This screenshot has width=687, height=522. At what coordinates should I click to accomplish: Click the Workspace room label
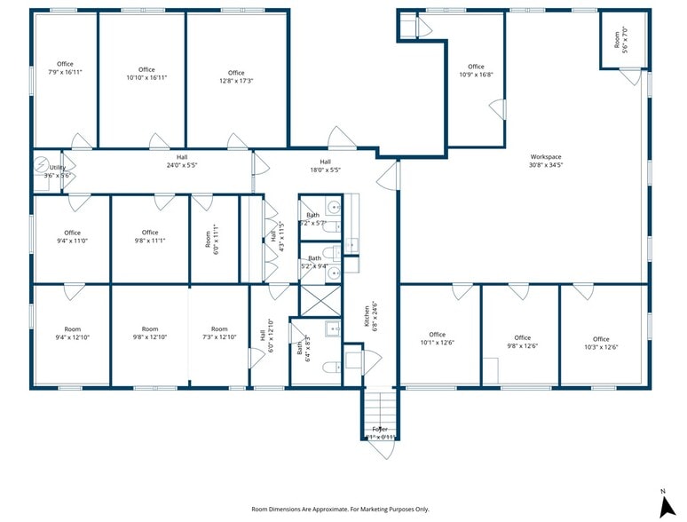pos(546,161)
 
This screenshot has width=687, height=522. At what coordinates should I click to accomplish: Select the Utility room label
pos(58,171)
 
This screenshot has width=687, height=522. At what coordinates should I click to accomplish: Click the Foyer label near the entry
pos(380,433)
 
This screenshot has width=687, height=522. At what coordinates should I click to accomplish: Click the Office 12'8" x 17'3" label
pos(235,77)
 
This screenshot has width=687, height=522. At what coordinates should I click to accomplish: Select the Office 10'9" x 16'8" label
pos(476,71)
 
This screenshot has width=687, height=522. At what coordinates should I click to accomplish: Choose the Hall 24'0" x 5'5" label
pos(181,162)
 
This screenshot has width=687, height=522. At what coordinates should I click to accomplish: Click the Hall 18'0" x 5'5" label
pos(325,165)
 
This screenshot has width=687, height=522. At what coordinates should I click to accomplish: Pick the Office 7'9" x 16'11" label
pos(65,68)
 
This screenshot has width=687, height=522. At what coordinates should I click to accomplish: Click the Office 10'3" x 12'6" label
pos(601,343)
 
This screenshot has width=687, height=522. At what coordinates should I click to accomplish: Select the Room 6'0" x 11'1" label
pos(212,240)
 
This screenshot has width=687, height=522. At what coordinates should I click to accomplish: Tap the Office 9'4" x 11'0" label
pos(72,237)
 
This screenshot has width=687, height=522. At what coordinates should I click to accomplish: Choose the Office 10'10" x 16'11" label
pos(146,74)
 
